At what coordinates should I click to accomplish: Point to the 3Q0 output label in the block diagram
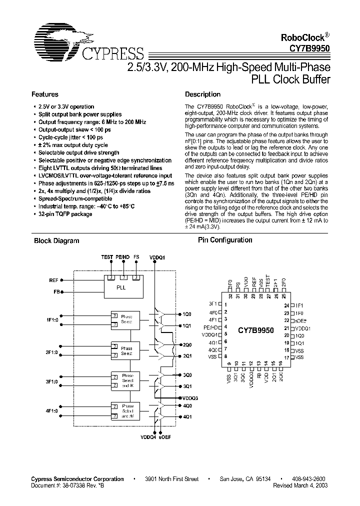coord(187,375)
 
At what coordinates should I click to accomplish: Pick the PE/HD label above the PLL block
coord(122,257)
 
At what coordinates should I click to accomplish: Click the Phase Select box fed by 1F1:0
coord(124,319)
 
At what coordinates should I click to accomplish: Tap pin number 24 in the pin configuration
coord(286,305)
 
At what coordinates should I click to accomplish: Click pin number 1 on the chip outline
coord(226,304)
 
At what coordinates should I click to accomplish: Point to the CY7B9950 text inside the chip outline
coord(255,331)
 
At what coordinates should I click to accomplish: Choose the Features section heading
coord(45,94)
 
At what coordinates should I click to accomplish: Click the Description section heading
coord(202,94)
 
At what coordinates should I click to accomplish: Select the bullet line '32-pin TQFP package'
coord(65,214)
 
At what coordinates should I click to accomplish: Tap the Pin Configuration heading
coord(225,240)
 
